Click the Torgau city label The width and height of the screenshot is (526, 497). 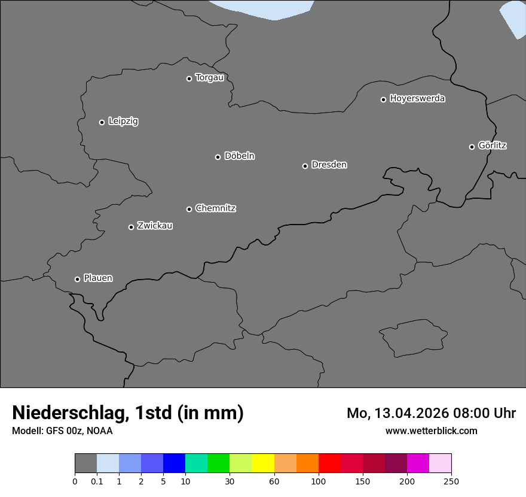(x=209, y=78)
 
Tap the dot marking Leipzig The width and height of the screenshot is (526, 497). (x=102, y=122)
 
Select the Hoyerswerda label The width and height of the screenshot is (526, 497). (x=417, y=99)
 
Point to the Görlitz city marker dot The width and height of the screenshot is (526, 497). (x=472, y=147)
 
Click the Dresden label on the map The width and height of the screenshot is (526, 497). (x=329, y=165)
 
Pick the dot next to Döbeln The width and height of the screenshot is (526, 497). (x=218, y=157)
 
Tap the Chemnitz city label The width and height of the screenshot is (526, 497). (x=215, y=208)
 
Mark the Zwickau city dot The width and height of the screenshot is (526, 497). (x=131, y=227)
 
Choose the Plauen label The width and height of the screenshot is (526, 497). (x=98, y=278)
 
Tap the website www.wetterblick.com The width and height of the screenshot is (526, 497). (x=431, y=431)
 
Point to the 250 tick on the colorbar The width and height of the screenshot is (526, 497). (x=451, y=481)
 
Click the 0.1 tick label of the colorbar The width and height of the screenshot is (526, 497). (x=96, y=481)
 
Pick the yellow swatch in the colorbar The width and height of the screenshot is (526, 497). (x=263, y=463)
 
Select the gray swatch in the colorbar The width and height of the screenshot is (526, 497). (x=85, y=463)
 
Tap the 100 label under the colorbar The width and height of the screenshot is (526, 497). (x=319, y=481)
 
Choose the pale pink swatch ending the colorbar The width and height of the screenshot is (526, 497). (x=440, y=463)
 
